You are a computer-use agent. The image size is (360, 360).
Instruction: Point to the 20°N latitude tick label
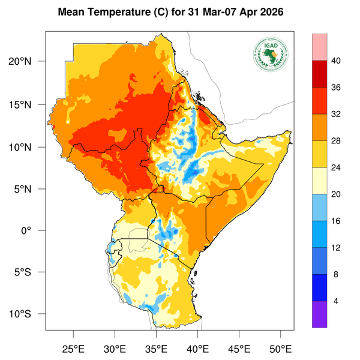pyautogui.click(x=27, y=62)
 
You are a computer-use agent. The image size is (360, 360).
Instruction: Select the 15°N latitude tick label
pyautogui.click(x=27, y=104)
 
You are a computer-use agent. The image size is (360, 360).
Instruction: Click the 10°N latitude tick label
pyautogui.click(x=27, y=147)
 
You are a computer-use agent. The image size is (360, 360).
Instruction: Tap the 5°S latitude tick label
pyautogui.click(x=29, y=272)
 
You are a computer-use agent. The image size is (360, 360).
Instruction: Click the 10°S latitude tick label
pyautogui.click(x=27, y=314)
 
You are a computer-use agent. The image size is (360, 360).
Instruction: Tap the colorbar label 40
pyautogui.click(x=335, y=61)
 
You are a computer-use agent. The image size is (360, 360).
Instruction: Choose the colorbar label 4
pyautogui.click(x=335, y=301)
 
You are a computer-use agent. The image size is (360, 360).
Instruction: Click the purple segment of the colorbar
pyautogui.click(x=319, y=314)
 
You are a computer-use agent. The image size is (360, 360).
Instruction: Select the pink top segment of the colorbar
pyautogui.click(x=319, y=47)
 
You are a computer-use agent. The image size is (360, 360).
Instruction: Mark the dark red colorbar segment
pyautogui.click(x=319, y=74)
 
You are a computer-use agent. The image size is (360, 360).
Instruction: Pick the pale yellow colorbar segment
pyautogui.click(x=319, y=181)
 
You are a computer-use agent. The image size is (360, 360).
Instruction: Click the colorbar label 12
pyautogui.click(x=335, y=247)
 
